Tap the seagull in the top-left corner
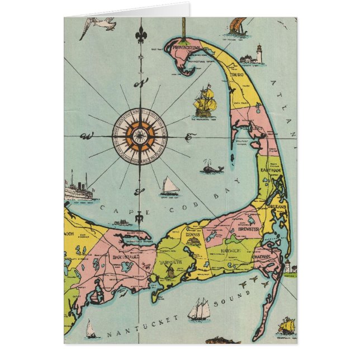click(98, 26)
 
